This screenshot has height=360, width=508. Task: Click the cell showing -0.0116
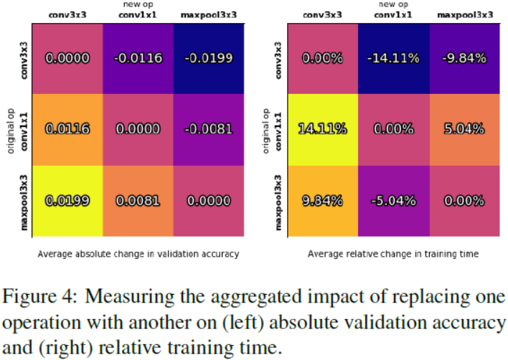[138, 57]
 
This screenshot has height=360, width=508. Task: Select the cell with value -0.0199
[209, 57]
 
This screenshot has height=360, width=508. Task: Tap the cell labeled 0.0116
[67, 129]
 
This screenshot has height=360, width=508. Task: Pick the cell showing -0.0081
[209, 129]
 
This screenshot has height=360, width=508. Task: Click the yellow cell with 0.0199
[67, 201]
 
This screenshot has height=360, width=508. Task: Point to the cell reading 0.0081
[138, 201]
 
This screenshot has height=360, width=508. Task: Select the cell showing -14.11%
[393, 57]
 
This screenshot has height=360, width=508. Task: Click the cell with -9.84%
[464, 57]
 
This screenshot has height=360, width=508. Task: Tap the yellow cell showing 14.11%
[322, 129]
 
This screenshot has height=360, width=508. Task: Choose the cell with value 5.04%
[464, 129]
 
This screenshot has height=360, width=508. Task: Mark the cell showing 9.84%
[322, 201]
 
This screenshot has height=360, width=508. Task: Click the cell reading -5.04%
[393, 201]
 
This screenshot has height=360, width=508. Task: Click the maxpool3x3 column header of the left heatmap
[209, 14]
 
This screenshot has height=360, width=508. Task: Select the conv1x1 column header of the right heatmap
[393, 14]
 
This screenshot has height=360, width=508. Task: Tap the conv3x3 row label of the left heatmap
[24, 58]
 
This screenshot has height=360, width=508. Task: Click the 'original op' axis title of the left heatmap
[11, 129]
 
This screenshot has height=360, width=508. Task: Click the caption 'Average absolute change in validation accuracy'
[138, 254]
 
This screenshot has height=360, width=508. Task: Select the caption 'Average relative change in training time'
[393, 254]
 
